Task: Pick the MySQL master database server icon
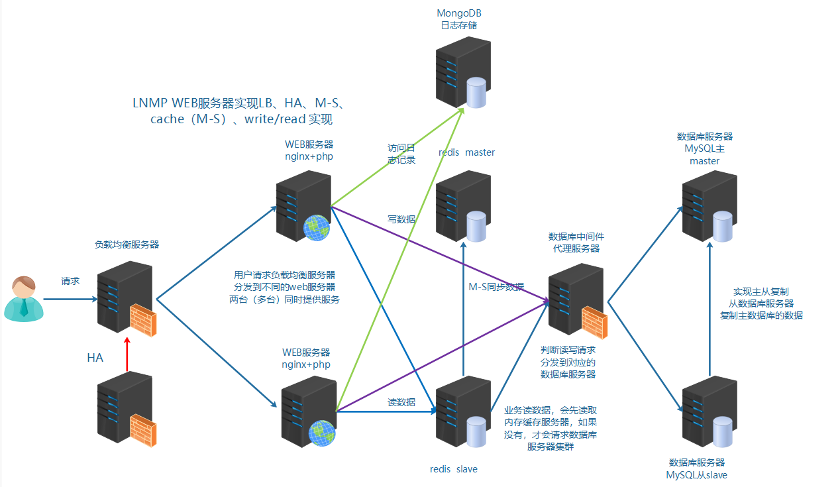(x=709, y=206)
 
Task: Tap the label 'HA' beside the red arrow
(x=95, y=358)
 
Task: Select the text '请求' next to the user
(x=70, y=281)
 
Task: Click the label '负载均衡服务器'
(x=127, y=244)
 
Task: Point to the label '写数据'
(x=401, y=219)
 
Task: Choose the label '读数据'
(x=401, y=402)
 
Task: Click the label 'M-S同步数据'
(x=496, y=287)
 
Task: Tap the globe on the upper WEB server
(x=316, y=227)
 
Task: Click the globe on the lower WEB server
(x=321, y=432)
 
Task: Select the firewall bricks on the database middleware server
(x=594, y=323)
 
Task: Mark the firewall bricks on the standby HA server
(x=142, y=429)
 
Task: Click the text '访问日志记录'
(x=401, y=154)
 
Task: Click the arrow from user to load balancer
(x=70, y=299)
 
